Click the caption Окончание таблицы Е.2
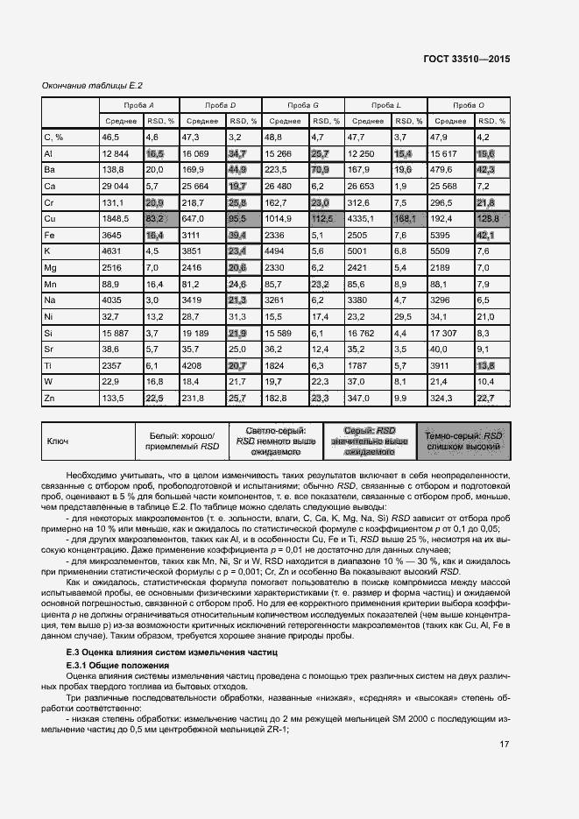tap(93, 85)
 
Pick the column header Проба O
tap(470, 105)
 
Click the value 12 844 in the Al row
tap(115, 153)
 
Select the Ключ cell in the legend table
tap(58, 442)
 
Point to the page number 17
tap(504, 745)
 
